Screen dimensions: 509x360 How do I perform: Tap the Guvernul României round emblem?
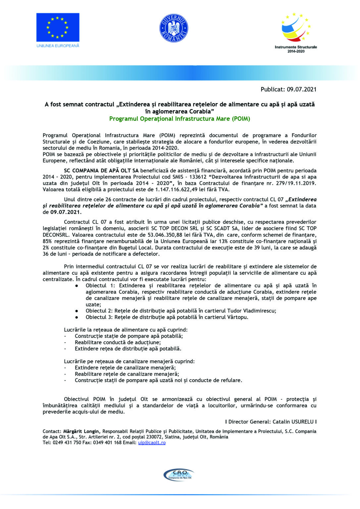point(174,28)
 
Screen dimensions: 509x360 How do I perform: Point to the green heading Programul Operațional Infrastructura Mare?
point(180,119)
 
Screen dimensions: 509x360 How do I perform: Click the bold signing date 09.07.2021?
point(66,212)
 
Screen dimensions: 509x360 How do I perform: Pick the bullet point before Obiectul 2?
point(77,311)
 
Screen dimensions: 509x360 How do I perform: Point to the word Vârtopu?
point(237,317)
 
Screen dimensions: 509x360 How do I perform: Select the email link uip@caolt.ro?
point(152,443)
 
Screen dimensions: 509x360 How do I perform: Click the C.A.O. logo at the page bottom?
point(179,475)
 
